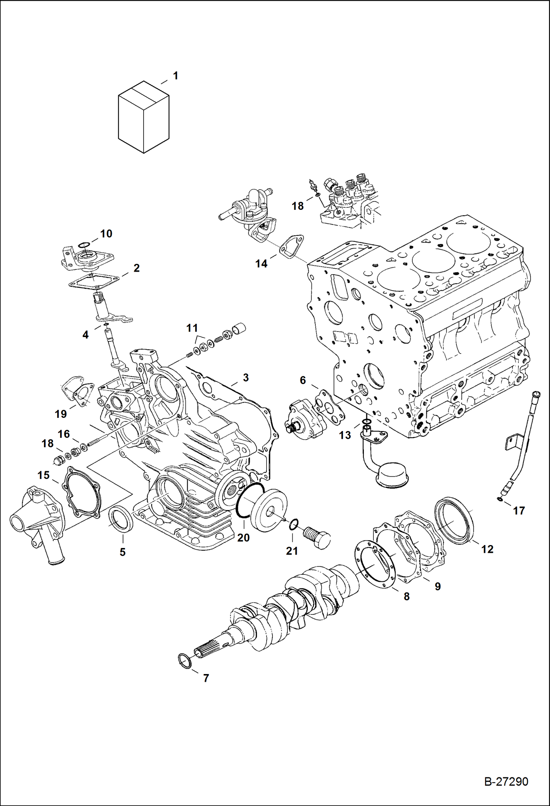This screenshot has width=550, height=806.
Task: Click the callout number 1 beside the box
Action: pyautogui.click(x=176, y=76)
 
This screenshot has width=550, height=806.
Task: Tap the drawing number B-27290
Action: pyautogui.click(x=506, y=781)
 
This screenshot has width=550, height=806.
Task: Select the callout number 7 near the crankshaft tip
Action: pyautogui.click(x=206, y=678)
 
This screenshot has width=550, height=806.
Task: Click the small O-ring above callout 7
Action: pyautogui.click(x=185, y=661)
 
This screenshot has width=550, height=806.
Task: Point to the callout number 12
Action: pyautogui.click(x=487, y=549)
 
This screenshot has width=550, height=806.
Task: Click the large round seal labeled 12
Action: pyautogui.click(x=454, y=520)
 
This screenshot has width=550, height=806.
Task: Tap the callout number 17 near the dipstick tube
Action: pyautogui.click(x=518, y=511)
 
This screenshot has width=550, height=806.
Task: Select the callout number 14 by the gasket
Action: pyautogui.click(x=261, y=264)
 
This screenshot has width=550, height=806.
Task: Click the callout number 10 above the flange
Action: pyautogui.click(x=106, y=234)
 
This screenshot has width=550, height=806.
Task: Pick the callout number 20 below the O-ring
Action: pyautogui.click(x=243, y=538)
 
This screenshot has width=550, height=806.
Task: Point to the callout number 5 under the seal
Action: pyautogui.click(x=123, y=552)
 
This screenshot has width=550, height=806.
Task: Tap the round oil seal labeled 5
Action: pyautogui.click(x=120, y=519)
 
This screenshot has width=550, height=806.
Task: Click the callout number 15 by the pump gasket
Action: pyautogui.click(x=43, y=475)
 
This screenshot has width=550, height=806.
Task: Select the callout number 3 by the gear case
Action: pyautogui.click(x=246, y=377)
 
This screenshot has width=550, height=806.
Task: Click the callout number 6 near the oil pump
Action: pyautogui.click(x=303, y=380)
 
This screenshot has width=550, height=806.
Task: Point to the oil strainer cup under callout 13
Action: pyautogui.click(x=392, y=476)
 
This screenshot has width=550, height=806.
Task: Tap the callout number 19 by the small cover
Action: pyautogui.click(x=61, y=414)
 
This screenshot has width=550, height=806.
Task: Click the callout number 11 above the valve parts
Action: pyautogui.click(x=192, y=328)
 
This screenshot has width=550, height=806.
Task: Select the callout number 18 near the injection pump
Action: pyautogui.click(x=297, y=206)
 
